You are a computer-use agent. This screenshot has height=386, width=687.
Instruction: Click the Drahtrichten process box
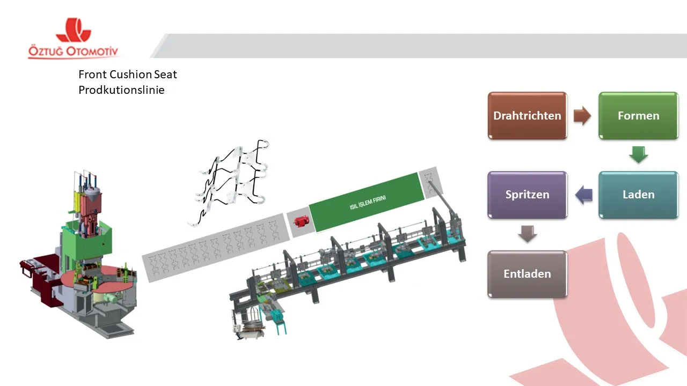527,116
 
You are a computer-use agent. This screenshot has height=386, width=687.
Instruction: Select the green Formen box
638,116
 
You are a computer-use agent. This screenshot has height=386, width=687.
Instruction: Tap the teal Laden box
638,195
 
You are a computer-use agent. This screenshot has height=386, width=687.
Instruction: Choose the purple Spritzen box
527,195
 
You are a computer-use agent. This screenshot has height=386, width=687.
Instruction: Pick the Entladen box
527,274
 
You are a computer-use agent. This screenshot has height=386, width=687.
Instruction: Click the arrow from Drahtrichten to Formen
582,116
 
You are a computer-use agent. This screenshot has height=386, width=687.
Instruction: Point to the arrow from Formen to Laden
638,155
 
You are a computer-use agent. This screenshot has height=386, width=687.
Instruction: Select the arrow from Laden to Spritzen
583,195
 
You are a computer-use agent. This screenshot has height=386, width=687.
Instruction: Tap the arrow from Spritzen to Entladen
527,234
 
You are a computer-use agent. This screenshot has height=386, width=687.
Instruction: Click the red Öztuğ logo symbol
74,29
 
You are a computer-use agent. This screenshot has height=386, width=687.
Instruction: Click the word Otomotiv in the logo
92,51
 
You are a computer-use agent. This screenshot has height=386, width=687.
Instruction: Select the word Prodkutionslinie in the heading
121,90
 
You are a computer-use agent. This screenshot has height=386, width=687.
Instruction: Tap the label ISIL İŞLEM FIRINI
368,203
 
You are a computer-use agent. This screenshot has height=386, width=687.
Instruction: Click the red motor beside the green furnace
302,221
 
